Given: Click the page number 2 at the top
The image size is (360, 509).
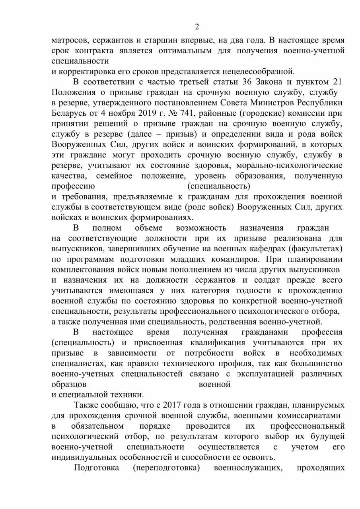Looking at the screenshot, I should [197, 27].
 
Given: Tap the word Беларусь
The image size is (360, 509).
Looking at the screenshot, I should [69, 113].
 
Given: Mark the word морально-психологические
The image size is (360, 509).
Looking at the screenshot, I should [289, 165].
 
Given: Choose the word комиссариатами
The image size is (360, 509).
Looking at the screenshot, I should [310, 416].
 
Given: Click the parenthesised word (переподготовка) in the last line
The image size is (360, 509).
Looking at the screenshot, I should [166, 467].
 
